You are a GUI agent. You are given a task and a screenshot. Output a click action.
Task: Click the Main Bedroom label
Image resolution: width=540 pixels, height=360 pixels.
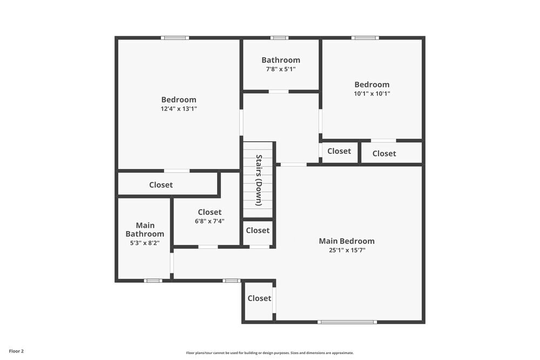tap(346, 241)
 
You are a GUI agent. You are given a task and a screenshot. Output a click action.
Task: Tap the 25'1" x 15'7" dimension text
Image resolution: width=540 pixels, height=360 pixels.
tap(346, 250)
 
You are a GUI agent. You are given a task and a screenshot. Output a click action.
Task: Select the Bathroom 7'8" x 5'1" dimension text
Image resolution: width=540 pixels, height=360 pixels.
tap(280, 69)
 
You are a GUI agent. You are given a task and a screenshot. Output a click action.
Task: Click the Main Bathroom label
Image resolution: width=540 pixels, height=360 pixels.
tap(145, 229)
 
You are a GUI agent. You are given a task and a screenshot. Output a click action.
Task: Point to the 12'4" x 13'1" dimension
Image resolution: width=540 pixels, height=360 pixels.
tap(179, 108)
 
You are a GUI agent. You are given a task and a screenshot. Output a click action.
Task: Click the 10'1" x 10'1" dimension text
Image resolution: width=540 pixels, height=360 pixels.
tap(372, 93)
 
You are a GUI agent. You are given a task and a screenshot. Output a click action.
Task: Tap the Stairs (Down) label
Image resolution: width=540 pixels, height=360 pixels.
tap(259, 180)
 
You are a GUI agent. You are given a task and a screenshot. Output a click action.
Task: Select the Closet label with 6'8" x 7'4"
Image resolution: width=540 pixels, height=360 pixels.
tap(210, 212)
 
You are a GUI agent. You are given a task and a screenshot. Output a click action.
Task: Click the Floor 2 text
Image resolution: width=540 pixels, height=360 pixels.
tap(16, 351)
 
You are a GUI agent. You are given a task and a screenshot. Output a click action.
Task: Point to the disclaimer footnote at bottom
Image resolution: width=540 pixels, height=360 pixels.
tap(270, 352)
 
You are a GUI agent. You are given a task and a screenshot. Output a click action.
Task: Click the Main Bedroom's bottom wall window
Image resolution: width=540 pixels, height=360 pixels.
tap(347, 322)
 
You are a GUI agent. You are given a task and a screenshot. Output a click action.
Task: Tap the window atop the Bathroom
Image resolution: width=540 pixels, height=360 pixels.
tap(279, 38)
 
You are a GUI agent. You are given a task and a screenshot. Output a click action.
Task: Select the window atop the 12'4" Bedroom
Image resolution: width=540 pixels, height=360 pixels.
tap(175, 38)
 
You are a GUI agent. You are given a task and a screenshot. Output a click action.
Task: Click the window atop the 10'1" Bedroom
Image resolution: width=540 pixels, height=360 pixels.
tap(365, 38)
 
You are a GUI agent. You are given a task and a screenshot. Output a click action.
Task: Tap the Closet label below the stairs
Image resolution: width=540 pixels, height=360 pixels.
tap(258, 230)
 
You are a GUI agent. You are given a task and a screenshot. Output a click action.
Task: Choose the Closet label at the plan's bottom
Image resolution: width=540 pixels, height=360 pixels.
tap(259, 298)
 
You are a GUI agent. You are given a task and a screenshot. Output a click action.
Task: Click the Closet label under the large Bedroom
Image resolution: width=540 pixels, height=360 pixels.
tap(161, 185)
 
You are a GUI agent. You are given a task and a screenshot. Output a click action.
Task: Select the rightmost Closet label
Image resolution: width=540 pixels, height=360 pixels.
tap(384, 153)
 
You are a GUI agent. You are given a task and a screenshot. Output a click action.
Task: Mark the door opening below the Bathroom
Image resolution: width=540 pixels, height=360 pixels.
tap(279, 92)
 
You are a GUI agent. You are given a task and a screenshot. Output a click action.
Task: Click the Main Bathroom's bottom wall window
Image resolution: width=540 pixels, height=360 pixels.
tap(153, 281)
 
